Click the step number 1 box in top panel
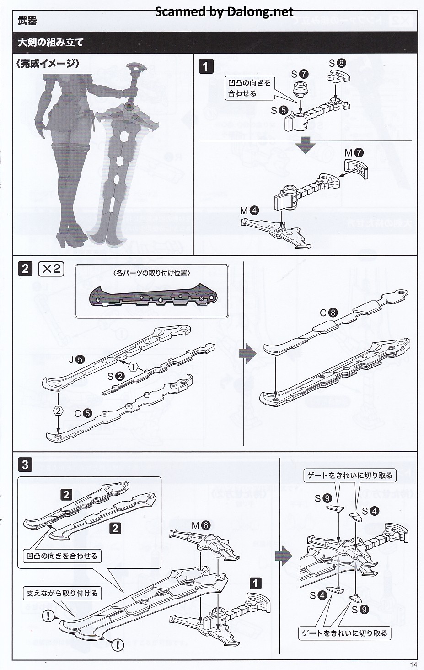pyautogui.click(x=206, y=67)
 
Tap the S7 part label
pyautogui.click(x=300, y=74)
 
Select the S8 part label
pyautogui.click(x=338, y=63)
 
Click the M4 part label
pyautogui.click(x=250, y=211)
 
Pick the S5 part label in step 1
pyautogui.click(x=279, y=110)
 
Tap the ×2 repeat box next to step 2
pyautogui.click(x=51, y=269)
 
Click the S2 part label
pyautogui.click(x=115, y=376)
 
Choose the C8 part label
pyautogui.click(x=328, y=313)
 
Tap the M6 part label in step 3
pyautogui.click(x=201, y=525)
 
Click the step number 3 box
pyautogui.click(x=25, y=465)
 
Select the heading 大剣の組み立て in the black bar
pyautogui.click(x=51, y=43)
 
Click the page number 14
pyautogui.click(x=413, y=665)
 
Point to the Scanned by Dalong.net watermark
pyautogui.click(x=224, y=11)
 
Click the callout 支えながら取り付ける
pyautogui.click(x=62, y=593)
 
